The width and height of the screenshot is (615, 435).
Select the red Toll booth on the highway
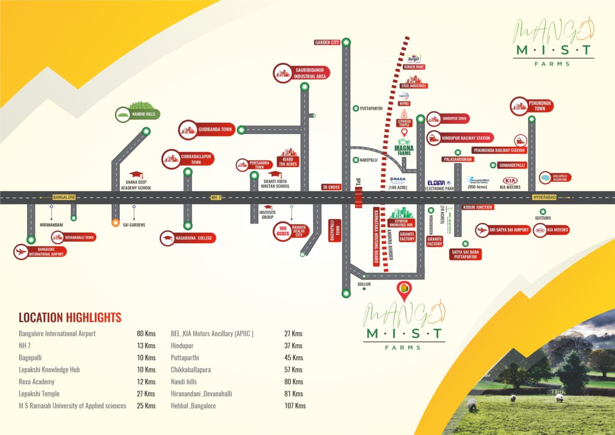pyautogui.click(x=359, y=197)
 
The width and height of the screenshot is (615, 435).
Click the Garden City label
pyautogui.click(x=327, y=43)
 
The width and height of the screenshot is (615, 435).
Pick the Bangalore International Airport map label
pyautogui.click(x=40, y=251)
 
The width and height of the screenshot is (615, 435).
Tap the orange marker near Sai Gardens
pyautogui.click(x=116, y=223)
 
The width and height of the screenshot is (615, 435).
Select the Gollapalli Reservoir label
pyautogui.click(x=556, y=177)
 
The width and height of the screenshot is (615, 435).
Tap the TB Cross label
pyautogui.click(x=331, y=187)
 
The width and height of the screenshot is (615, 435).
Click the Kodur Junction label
pyautogui.click(x=477, y=207)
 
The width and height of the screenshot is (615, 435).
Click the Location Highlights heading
pyautogui.click(x=70, y=317)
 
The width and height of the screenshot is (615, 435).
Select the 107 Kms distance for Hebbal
pyautogui.click(x=295, y=406)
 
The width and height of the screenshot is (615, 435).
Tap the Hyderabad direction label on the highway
pyautogui.click(x=544, y=197)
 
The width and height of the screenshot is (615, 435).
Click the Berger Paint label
pyautogui.click(x=414, y=67)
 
